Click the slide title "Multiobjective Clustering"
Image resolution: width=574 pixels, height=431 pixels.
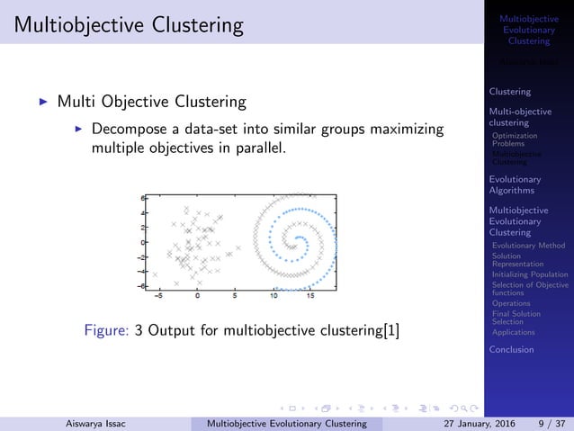(x=122, y=24)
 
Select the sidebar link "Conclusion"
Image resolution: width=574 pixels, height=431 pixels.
(x=511, y=349)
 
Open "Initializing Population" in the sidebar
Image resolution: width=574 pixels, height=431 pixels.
(x=530, y=274)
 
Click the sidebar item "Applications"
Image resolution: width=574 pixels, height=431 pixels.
(x=514, y=332)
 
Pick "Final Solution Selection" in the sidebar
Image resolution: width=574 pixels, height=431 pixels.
(x=516, y=318)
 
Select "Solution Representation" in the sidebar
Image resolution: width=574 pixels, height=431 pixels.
(x=518, y=260)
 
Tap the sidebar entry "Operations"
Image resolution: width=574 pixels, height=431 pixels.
(x=511, y=303)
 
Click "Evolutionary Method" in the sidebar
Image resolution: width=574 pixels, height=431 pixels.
(x=529, y=245)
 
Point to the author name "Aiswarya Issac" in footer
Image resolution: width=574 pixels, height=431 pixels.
(x=95, y=422)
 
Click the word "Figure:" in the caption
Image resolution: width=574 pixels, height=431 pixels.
(x=105, y=330)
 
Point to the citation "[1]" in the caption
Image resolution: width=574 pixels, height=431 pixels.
(x=391, y=330)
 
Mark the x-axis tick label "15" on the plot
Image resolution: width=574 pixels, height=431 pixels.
(x=310, y=295)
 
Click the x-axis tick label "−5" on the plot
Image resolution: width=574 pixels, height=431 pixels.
(x=158, y=295)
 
